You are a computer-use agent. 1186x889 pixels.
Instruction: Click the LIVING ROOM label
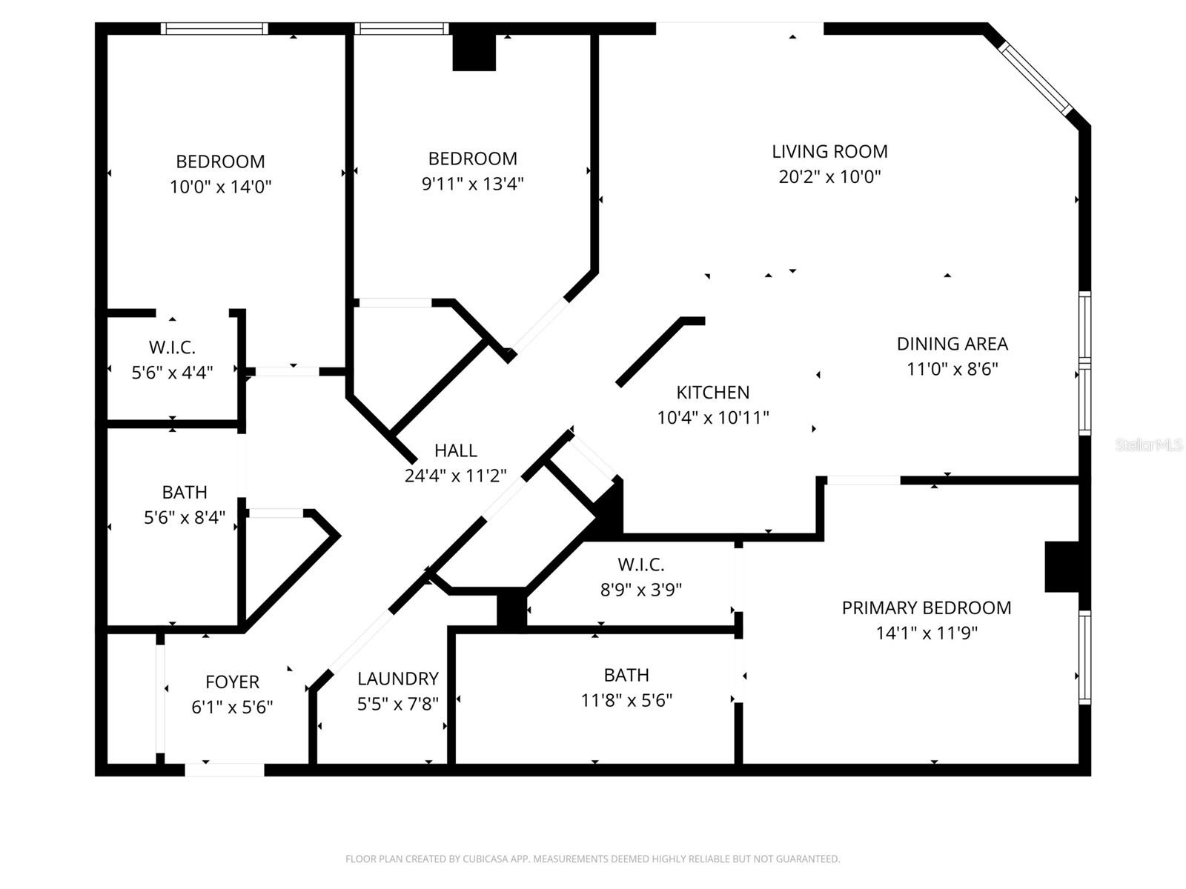pos(829,152)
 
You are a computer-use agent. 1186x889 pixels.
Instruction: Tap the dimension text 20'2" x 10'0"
pos(829,177)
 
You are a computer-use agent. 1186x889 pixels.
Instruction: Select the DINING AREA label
pos(952,344)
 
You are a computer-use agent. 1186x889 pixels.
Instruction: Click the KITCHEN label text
pos(712,393)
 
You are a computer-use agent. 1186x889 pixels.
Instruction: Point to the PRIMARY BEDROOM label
pos(926,608)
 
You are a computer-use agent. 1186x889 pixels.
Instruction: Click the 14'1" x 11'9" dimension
pos(926,633)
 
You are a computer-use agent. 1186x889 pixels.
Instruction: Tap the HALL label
pos(455,450)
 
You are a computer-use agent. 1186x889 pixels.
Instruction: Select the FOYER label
pos(232,682)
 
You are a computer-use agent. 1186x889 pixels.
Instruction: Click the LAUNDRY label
pos(398,679)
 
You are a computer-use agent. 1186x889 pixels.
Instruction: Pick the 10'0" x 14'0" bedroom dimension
pos(220,187)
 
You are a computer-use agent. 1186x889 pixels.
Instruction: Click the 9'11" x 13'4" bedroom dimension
pos(472,184)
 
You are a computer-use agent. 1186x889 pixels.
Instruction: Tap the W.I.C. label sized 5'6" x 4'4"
pos(172,347)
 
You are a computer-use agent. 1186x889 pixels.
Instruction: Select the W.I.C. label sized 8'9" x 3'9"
pos(640,565)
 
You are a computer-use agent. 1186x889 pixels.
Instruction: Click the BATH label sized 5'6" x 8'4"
pos(185,493)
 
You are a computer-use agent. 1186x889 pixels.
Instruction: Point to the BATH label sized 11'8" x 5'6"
pos(626,676)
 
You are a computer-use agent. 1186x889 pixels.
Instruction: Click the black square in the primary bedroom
pos(1061,567)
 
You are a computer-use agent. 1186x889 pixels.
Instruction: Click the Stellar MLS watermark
pos(1148,445)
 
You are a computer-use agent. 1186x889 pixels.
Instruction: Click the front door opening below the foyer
pos(224,770)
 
